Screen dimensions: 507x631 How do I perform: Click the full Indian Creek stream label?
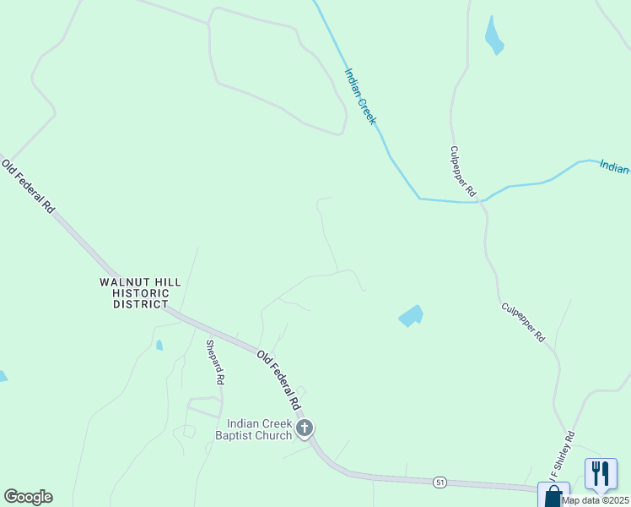coord(359,97)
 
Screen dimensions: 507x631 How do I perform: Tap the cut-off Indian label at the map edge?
coord(614,166)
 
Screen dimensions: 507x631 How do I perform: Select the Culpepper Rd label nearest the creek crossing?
coord(463,172)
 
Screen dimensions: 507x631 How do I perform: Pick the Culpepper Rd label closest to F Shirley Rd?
coord(523,322)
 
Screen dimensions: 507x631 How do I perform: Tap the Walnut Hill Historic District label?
coord(134,292)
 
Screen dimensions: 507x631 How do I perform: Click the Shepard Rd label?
coord(214,362)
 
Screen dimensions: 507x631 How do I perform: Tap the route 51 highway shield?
coord(440,482)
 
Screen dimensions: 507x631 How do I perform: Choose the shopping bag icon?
coord(553,495)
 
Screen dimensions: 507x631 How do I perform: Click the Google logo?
coord(28,497)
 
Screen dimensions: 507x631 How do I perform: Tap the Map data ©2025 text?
coord(596,500)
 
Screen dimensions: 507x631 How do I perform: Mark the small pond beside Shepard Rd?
coord(159,345)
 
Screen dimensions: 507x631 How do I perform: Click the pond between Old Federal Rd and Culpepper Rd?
coord(411,316)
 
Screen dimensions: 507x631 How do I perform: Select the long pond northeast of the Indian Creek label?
coord(493,35)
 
